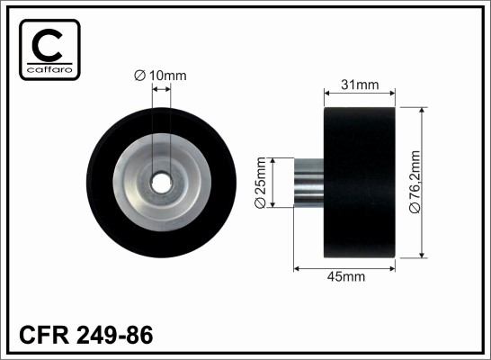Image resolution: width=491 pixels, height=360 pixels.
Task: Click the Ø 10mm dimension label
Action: pyautogui.click(x=160, y=76)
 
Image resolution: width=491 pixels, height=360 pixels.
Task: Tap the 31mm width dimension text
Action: pyautogui.click(x=360, y=85)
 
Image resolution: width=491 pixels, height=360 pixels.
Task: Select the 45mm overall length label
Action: pyautogui.click(x=346, y=276)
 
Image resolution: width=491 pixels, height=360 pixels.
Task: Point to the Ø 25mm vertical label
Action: pyautogui.click(x=260, y=183)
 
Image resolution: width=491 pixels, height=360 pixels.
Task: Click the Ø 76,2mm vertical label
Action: pyautogui.click(x=415, y=182)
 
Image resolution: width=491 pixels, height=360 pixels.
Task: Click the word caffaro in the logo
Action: pyautogui.click(x=49, y=69)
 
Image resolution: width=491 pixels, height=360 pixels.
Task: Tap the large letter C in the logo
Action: pyautogui.click(x=48, y=45)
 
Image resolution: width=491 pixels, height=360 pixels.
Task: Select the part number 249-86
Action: pyautogui.click(x=115, y=335)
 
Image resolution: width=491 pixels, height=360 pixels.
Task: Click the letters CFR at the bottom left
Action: pyautogui.click(x=44, y=335)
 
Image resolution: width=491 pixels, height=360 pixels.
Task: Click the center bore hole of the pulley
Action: pyautogui.click(x=161, y=184)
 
